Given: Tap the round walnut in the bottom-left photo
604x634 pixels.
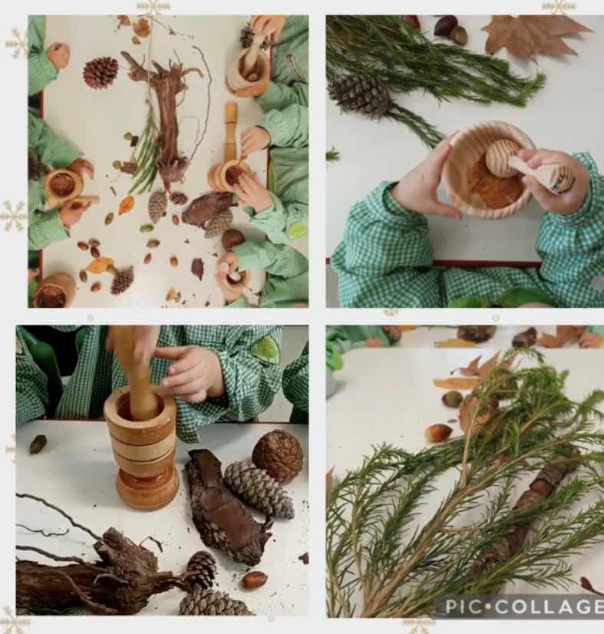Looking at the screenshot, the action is coord(278,455).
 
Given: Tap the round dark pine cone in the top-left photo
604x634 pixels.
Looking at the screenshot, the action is coord(101,72).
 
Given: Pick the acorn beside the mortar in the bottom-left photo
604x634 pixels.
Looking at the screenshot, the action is coord(38,444).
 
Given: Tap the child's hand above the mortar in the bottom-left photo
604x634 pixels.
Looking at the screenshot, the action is coord(190,374).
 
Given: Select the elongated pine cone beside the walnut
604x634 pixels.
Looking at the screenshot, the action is coord(259,490).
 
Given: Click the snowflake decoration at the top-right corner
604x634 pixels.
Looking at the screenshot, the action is coord(559,7).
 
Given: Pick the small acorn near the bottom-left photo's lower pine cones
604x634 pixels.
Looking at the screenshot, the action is coord(254,580).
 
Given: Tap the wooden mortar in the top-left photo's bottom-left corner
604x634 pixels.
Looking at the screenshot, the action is coord(54,290).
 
